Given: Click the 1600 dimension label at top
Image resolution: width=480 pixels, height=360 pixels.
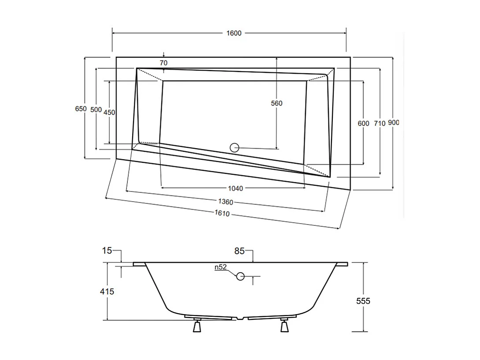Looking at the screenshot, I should [x=234, y=34].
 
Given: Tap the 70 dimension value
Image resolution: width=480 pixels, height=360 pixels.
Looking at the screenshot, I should [x=164, y=63].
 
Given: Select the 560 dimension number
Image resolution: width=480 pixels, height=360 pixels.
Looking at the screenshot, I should [x=276, y=103].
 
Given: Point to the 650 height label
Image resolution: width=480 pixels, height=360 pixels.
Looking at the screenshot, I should [x=81, y=109].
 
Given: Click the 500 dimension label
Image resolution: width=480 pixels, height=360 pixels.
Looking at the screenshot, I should [x=96, y=109].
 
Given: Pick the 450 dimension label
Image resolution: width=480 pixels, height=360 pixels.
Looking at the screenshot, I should [x=109, y=112].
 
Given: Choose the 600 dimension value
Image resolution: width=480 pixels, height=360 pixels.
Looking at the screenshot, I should [x=364, y=124].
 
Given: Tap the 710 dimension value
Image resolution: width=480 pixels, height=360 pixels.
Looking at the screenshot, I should [x=379, y=124].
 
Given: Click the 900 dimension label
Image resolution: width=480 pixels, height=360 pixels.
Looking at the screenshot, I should [x=394, y=123].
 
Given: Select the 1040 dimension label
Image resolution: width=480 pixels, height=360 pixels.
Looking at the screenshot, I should [x=236, y=188].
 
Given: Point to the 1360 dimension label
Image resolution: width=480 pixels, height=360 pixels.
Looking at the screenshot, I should [x=226, y=202].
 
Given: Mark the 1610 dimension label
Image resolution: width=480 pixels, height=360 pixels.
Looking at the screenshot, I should [x=223, y=214].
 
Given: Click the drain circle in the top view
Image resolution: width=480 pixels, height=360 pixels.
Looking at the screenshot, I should [x=234, y=148].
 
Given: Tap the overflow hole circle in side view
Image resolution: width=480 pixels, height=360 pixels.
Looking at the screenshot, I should [x=240, y=277].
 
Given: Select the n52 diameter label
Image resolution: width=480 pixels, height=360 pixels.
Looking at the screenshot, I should [x=220, y=267].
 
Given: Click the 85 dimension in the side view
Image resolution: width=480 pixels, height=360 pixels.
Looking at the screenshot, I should [x=239, y=251].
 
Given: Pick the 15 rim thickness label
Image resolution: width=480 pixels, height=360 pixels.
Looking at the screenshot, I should [x=107, y=251].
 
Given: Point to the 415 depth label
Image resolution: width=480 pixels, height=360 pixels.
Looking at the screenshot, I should [x=108, y=291].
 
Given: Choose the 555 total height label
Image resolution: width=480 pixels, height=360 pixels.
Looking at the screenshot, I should [x=364, y=301].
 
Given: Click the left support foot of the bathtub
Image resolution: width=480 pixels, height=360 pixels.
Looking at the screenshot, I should [x=197, y=326].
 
